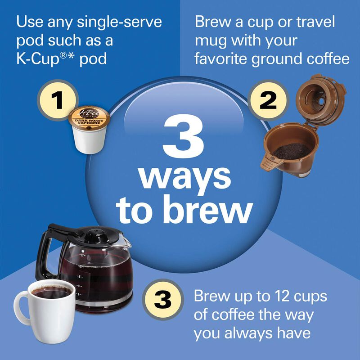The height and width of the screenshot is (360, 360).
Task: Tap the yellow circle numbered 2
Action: tap(268, 100)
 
